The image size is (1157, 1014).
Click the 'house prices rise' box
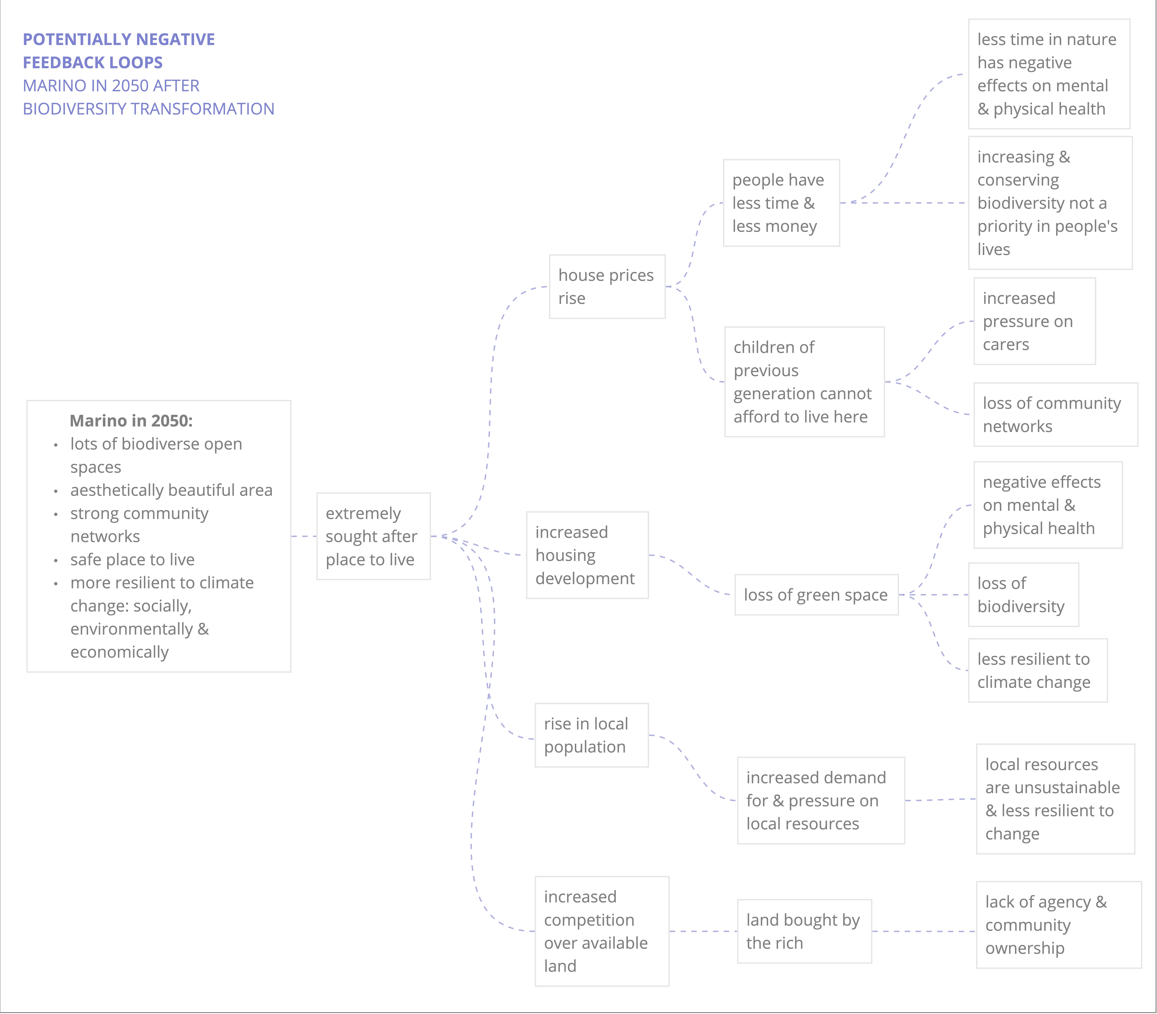click(607, 286)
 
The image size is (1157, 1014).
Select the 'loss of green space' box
click(816, 595)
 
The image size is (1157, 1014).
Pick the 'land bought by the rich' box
click(804, 931)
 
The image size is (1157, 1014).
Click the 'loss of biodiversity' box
click(1023, 595)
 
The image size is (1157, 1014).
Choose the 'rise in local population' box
click(592, 735)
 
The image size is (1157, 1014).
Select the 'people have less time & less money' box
click(781, 203)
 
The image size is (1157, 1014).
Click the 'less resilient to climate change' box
click(1038, 670)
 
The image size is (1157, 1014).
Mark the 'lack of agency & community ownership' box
click(1059, 925)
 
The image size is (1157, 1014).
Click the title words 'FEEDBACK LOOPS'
click(93, 62)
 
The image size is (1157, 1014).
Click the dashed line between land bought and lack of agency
click(924, 931)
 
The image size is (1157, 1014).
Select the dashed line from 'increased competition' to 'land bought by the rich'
click(703, 931)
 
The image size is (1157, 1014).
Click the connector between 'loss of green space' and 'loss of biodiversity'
click(934, 595)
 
